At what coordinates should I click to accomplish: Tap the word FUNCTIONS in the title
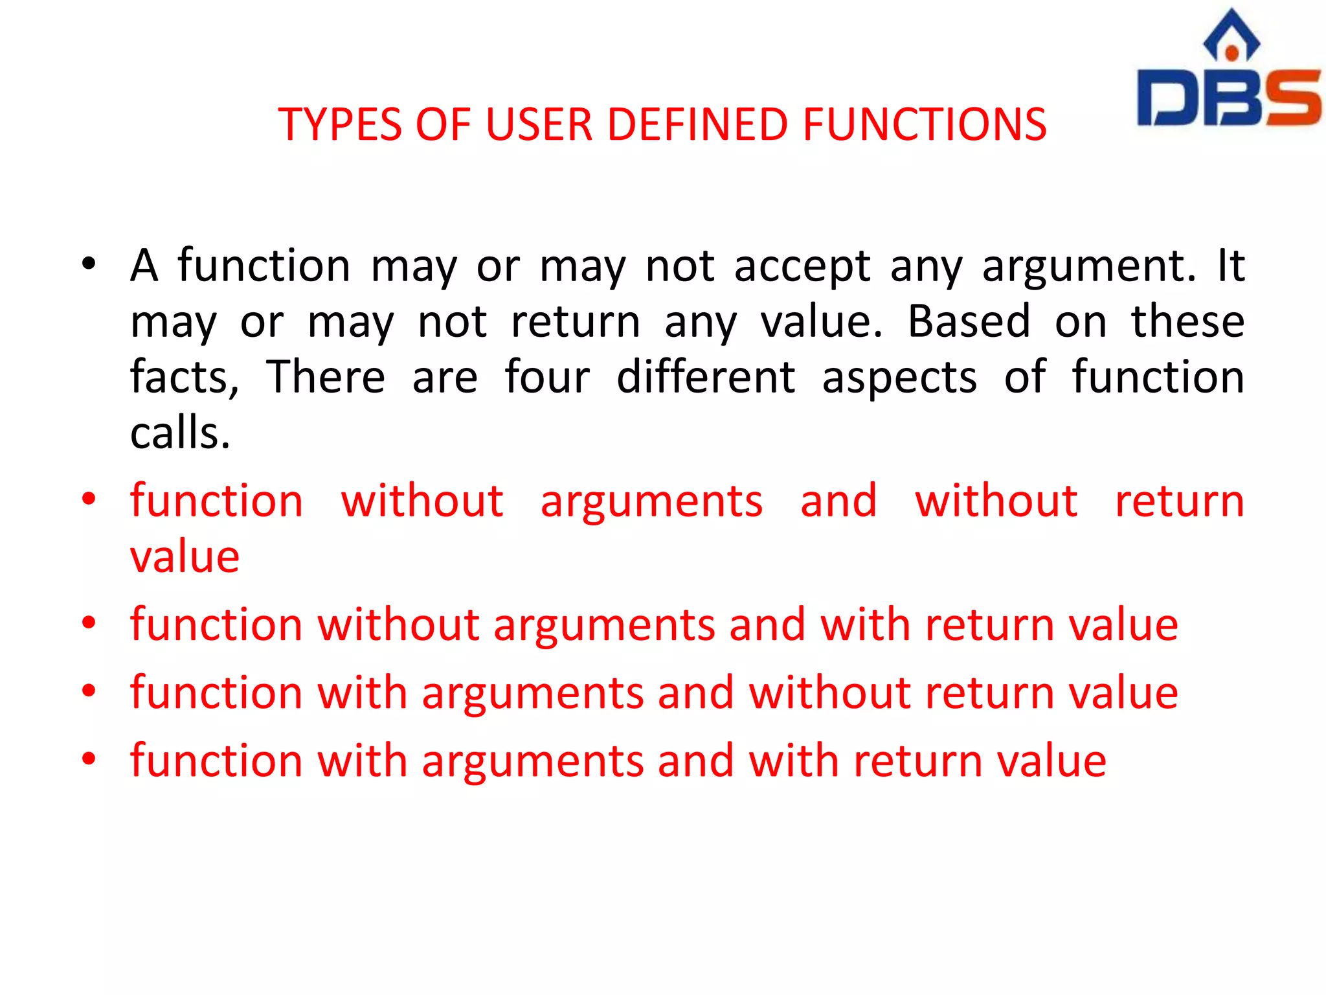coord(925,124)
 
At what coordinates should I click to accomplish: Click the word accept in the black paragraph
coord(802,266)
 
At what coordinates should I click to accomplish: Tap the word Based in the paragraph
coord(969,322)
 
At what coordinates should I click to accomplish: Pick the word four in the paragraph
coord(547,377)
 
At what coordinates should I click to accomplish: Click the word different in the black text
coord(706,377)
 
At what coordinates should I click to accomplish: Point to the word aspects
coord(899,378)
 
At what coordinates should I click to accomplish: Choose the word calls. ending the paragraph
coord(180,433)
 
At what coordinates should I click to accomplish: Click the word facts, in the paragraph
coord(185,378)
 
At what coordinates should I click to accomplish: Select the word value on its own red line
coord(185,556)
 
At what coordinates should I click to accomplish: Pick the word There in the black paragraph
coord(326,377)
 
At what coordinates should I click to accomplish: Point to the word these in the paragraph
coord(1187,322)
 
